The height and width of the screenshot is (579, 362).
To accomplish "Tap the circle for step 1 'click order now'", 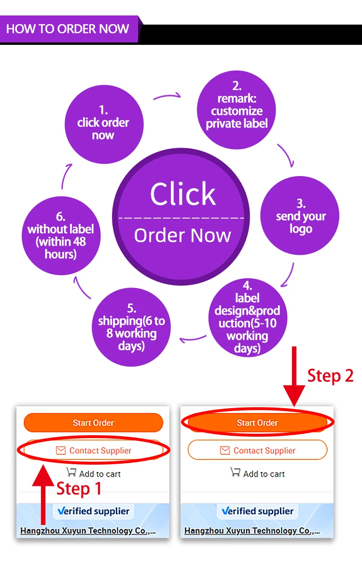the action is [x=104, y=124].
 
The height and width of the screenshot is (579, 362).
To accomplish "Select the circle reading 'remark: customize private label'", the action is [x=237, y=110].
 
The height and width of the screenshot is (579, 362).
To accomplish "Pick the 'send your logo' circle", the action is [x=300, y=216].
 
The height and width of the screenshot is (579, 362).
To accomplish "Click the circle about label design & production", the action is [x=248, y=317].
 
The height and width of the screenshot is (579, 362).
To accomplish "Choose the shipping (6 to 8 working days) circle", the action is [x=131, y=327].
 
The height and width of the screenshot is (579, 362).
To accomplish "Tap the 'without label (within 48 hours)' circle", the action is [x=61, y=236].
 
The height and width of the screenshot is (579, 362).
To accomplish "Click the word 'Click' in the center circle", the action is [x=183, y=193].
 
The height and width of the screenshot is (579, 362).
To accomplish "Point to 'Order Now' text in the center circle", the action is [x=182, y=235].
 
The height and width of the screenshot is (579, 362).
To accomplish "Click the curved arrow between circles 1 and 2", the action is [x=168, y=96].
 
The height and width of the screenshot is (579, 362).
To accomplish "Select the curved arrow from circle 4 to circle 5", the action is [x=193, y=339].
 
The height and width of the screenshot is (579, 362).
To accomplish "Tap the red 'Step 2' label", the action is [x=330, y=375].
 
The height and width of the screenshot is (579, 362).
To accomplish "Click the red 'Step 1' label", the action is [x=79, y=489].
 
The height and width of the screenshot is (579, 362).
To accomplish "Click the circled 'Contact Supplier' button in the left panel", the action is [x=94, y=451].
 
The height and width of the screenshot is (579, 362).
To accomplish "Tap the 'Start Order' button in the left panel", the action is [x=93, y=423].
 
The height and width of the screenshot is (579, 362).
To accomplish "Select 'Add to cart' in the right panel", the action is [x=264, y=474].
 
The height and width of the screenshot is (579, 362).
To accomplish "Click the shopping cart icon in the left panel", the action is [x=71, y=472].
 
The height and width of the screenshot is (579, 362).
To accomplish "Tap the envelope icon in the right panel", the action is [x=225, y=450].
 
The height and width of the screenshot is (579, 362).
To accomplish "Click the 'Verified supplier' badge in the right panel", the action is [x=258, y=511].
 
